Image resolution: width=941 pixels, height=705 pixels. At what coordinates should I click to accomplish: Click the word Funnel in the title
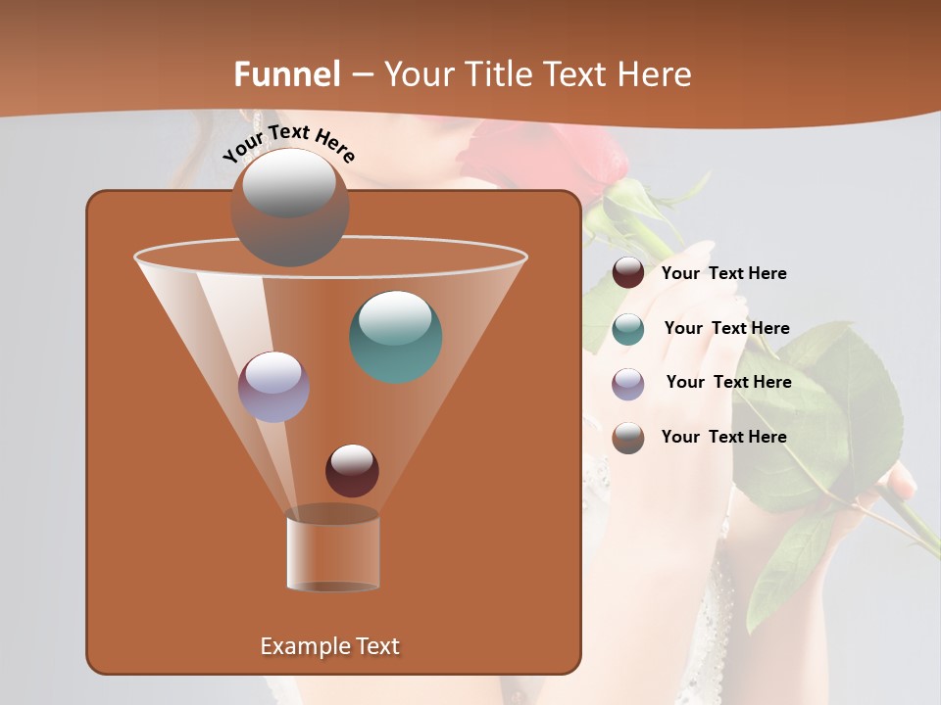tap(287, 74)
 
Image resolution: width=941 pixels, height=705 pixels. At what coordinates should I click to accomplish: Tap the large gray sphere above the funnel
tap(289, 208)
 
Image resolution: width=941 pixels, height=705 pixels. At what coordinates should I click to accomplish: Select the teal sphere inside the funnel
tap(396, 336)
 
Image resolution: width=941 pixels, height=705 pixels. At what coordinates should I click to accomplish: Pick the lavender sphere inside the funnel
tap(273, 387)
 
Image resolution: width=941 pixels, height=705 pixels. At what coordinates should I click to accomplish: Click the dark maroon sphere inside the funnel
tap(352, 470)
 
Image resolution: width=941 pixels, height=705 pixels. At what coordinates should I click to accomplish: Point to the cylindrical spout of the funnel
tap(332, 552)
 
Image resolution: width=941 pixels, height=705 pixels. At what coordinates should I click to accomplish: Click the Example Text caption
tap(329, 646)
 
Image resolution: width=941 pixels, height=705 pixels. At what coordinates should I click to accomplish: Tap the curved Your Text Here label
tap(288, 144)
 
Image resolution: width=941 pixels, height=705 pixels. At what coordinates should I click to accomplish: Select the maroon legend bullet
tap(628, 273)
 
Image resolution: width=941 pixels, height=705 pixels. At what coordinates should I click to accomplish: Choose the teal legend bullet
tap(628, 329)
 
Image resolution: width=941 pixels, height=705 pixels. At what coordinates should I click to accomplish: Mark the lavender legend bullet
tap(628, 384)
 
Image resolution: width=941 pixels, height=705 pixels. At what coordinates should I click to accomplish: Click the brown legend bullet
tap(628, 438)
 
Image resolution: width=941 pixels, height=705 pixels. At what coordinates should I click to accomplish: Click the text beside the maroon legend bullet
tap(723, 274)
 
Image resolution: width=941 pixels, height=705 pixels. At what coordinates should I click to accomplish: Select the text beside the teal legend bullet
tap(726, 329)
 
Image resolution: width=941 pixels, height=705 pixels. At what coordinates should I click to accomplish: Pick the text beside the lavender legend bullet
tap(728, 383)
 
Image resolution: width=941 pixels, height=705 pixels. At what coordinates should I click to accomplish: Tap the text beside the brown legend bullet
tap(723, 437)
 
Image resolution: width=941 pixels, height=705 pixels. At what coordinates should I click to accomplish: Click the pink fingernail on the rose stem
tap(904, 481)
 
